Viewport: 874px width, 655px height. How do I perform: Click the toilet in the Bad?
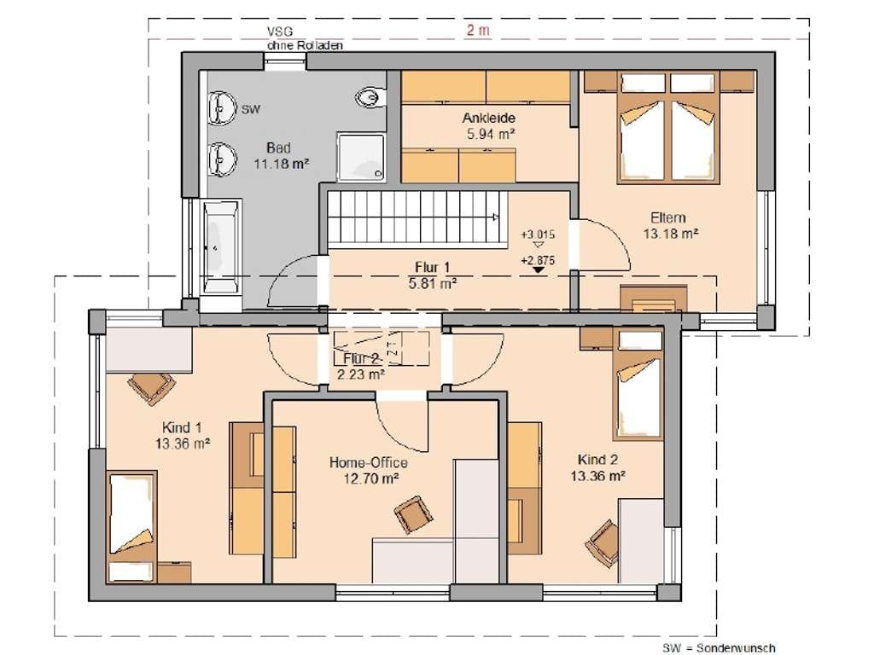[x=370, y=98]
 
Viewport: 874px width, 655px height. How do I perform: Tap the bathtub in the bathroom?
[x=221, y=246]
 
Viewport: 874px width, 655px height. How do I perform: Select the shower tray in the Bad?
[x=361, y=157]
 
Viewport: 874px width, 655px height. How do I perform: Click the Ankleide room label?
[x=489, y=118]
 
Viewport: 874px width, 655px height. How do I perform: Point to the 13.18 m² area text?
[x=671, y=234]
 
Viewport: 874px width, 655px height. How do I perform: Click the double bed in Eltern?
[x=667, y=127]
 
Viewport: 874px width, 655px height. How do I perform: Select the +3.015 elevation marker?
[x=538, y=235]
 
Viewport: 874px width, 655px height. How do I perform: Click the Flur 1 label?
[x=433, y=267]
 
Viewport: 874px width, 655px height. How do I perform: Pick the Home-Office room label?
[x=369, y=462]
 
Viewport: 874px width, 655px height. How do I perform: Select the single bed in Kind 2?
[x=638, y=385]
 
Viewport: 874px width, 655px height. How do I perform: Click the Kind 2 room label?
[x=597, y=460]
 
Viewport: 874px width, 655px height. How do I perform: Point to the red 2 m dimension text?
[x=478, y=30]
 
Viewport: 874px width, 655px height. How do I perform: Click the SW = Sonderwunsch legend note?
[x=719, y=648]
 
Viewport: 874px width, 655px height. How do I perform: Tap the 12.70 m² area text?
[x=370, y=478]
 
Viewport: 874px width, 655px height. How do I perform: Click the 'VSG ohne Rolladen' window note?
[x=305, y=39]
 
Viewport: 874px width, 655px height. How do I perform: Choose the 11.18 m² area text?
[x=282, y=165]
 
